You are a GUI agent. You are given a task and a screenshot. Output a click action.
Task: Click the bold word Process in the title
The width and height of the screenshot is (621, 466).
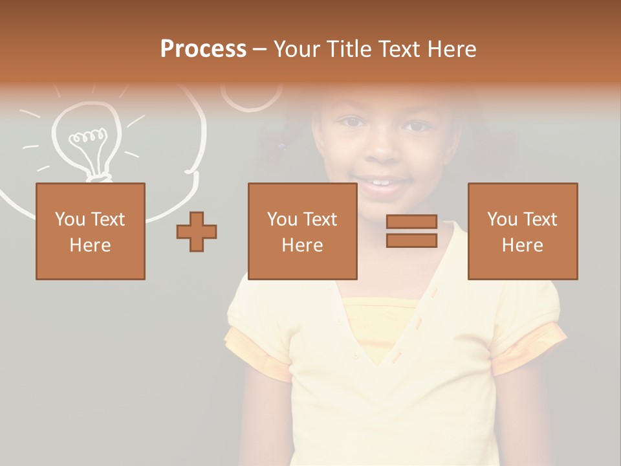(203, 49)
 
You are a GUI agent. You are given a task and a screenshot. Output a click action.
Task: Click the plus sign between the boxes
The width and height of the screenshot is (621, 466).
(197, 232)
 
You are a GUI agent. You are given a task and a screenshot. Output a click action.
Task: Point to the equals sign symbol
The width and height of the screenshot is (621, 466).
(411, 231)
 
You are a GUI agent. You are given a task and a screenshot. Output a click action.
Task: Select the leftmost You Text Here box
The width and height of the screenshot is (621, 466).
(91, 231)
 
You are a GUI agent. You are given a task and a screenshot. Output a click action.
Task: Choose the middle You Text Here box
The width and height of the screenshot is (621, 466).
(303, 231)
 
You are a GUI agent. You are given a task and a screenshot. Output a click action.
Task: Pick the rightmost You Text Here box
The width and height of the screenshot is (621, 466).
(523, 231)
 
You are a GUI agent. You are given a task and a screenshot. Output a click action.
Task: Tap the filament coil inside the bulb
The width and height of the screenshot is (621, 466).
(88, 137)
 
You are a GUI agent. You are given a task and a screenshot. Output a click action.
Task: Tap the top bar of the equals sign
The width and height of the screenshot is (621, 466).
(411, 222)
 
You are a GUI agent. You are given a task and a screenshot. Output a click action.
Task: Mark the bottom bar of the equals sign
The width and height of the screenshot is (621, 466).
(411, 241)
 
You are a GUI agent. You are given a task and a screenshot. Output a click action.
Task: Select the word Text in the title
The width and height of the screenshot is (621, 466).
(396, 49)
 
